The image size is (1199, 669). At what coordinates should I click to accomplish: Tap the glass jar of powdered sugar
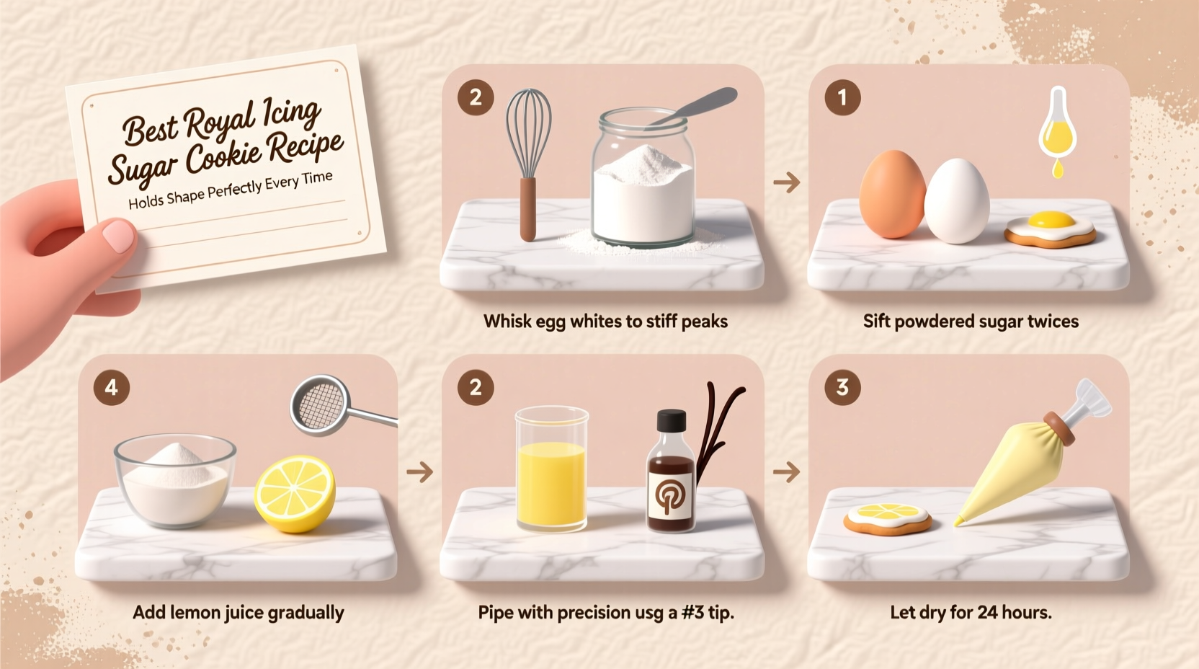click(643, 180)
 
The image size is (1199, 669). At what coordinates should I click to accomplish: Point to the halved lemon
click(295, 493)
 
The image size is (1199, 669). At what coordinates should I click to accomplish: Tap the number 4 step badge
click(111, 388)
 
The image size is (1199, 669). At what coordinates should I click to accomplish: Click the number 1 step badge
click(842, 97)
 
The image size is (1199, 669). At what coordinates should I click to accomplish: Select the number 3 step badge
click(842, 388)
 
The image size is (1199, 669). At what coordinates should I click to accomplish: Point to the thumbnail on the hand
click(118, 236)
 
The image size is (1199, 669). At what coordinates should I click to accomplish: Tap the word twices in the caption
click(1052, 322)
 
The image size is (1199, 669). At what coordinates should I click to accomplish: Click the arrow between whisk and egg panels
click(786, 182)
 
